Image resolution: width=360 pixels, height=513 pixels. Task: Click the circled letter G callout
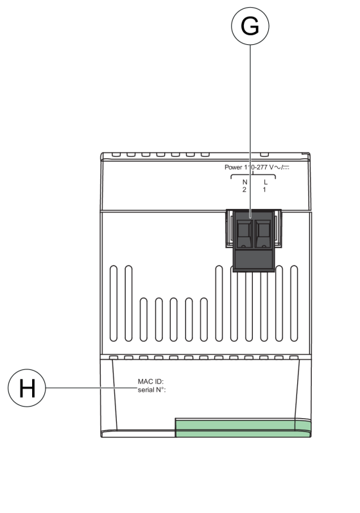pyautogui.click(x=250, y=26)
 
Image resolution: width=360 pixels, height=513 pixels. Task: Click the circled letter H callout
pyautogui.click(x=27, y=388)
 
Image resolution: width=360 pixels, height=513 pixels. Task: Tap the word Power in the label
pyautogui.click(x=234, y=167)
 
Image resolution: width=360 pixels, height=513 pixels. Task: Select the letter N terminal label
pyautogui.click(x=244, y=182)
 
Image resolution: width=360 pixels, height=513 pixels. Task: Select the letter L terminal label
pyautogui.click(x=266, y=182)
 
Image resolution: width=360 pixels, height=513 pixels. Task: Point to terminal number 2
pyautogui.click(x=244, y=190)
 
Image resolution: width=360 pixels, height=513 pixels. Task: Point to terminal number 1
pyautogui.click(x=264, y=190)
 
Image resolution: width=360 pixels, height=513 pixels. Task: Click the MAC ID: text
pyautogui.click(x=151, y=382)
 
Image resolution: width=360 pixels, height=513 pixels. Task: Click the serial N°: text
pyautogui.click(x=152, y=390)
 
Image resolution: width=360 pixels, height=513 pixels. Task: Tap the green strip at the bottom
pyautogui.click(x=243, y=428)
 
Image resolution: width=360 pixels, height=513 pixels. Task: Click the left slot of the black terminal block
pyautogui.click(x=244, y=233)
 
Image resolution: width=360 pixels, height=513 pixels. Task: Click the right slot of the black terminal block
pyautogui.click(x=263, y=233)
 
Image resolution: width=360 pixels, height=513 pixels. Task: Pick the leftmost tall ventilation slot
pyautogui.click(x=114, y=303)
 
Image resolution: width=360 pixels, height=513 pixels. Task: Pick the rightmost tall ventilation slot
pyautogui.click(x=294, y=303)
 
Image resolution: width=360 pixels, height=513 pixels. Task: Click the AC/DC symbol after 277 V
pyautogui.click(x=282, y=167)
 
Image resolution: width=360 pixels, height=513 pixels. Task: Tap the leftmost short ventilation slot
pyautogui.click(x=143, y=319)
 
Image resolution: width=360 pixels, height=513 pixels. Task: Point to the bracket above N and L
pyautogui.click(x=253, y=176)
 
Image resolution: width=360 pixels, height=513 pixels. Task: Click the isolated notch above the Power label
pyautogui.click(x=264, y=155)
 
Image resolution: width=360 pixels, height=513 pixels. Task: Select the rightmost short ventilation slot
pyautogui.click(x=203, y=319)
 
